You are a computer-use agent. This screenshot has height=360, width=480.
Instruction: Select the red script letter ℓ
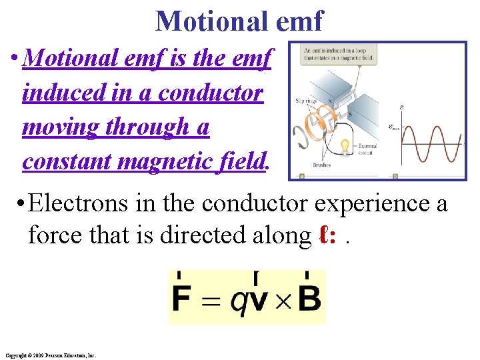325,235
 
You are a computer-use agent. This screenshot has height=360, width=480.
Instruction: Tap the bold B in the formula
309,299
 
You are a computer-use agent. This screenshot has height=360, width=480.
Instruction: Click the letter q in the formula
238,301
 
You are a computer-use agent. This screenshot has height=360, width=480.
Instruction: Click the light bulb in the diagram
345,145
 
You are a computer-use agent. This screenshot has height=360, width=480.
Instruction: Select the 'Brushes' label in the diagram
323,165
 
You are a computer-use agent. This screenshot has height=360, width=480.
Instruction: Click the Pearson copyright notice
50,355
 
